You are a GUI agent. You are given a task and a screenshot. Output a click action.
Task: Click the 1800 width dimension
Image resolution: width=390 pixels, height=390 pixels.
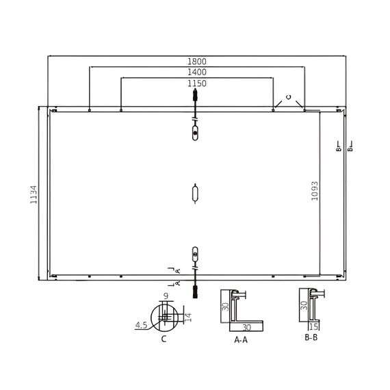tap(197, 61)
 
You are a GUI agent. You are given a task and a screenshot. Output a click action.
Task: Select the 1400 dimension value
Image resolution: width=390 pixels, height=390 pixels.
tap(197, 72)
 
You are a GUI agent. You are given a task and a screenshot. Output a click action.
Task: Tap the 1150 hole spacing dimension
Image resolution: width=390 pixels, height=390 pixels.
tap(197, 83)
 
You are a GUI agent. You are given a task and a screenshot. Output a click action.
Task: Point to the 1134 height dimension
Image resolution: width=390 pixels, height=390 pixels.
tap(34, 194)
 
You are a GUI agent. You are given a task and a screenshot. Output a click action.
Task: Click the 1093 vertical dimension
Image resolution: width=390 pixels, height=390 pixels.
tap(315, 191)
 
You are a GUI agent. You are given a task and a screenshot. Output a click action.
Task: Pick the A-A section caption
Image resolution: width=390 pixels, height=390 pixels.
tap(241, 340)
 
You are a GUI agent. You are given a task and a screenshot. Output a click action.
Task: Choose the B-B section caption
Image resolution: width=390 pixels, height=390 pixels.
tap(311, 337)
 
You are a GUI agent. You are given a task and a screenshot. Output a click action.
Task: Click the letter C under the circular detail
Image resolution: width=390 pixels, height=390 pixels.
tap(164, 339)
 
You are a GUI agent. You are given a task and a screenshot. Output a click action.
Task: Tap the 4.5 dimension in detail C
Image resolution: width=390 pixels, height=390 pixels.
tap(141, 325)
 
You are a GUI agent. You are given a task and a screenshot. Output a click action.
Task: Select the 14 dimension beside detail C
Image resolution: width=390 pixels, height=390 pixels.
tap(188, 317)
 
